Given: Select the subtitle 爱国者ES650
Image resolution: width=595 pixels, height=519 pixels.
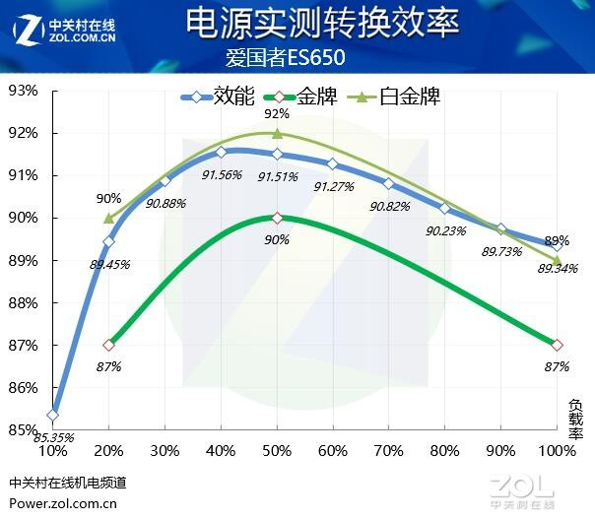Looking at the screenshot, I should point(297,57).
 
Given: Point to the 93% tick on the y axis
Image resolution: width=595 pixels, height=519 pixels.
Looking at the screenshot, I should point(23,91).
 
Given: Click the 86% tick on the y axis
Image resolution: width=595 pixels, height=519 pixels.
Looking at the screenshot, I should point(23,388).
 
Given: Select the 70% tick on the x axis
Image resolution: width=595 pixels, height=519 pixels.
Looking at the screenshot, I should point(389,451).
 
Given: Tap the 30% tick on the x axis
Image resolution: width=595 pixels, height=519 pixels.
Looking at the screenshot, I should point(165,451).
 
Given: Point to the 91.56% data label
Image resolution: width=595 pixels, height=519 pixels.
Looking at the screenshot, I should point(222,174).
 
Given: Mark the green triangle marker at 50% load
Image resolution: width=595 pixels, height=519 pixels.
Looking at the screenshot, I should point(277,133).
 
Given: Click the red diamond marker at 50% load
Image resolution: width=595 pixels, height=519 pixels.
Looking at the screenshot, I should point(277,218).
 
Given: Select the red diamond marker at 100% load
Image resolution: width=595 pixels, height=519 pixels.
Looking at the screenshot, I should point(558,345).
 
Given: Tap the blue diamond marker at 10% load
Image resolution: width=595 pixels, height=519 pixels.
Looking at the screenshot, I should point(52,415).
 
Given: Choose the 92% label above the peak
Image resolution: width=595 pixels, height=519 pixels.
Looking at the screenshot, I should point(277,114).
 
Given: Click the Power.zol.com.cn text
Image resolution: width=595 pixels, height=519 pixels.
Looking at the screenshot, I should point(63,501).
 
